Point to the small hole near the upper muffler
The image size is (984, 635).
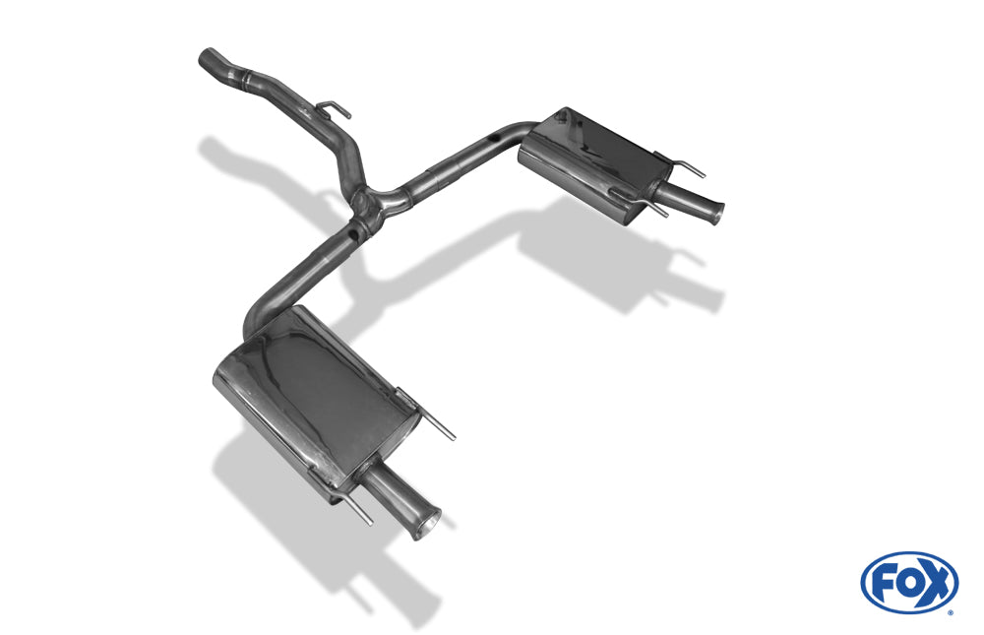(495, 136)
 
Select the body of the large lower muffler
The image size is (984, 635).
(316, 398)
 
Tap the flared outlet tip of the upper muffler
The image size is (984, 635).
(715, 214)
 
